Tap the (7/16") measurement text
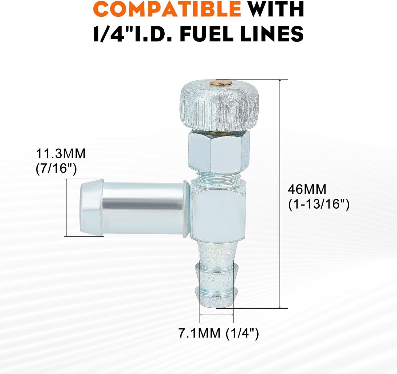pos(56,169)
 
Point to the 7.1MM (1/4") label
pos(219,333)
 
